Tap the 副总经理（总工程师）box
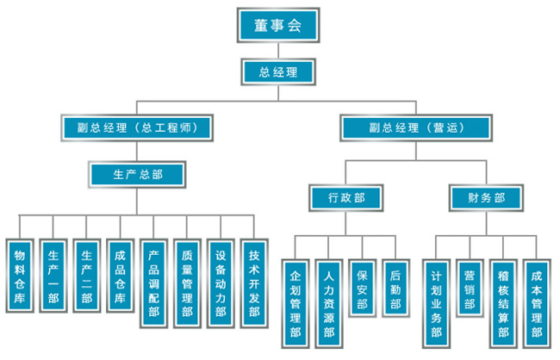(x=138, y=128)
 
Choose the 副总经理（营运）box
(x=416, y=128)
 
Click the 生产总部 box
(x=138, y=174)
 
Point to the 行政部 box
(x=347, y=199)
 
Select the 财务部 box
(x=488, y=199)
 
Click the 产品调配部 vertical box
(x=154, y=282)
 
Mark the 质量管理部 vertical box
(x=188, y=282)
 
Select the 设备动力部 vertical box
(x=221, y=282)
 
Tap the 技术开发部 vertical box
(x=255, y=282)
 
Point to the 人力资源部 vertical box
(x=330, y=303)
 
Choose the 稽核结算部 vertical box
(x=505, y=303)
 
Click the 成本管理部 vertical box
(x=538, y=303)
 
